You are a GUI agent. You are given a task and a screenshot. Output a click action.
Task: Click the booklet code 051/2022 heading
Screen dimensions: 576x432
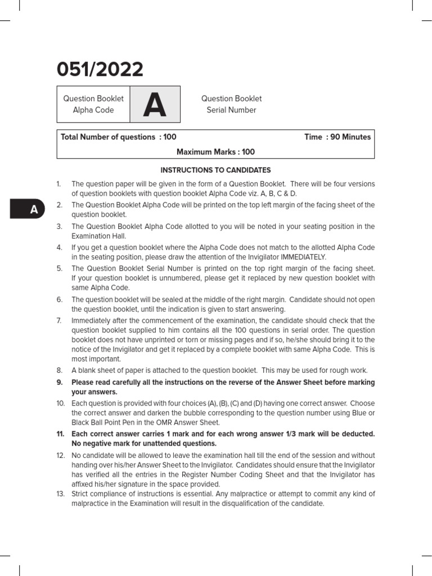[x=100, y=70]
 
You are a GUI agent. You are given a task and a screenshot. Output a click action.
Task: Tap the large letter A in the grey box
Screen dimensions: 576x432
[x=155, y=105]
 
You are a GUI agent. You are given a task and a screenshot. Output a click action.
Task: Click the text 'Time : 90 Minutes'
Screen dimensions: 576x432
[x=337, y=137]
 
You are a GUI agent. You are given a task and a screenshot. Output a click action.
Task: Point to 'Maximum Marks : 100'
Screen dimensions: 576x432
[x=215, y=152]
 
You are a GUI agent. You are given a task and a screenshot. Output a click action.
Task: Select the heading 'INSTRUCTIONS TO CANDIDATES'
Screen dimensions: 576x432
[x=215, y=170]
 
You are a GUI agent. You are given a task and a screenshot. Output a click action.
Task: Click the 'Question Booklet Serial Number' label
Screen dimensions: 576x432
[x=231, y=105]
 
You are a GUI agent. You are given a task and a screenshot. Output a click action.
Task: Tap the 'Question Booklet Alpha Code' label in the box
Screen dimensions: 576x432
[x=93, y=105]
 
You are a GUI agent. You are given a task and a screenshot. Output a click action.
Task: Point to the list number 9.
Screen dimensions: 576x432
[x=59, y=382]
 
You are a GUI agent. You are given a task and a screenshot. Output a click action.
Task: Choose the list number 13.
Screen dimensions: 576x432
[x=60, y=494]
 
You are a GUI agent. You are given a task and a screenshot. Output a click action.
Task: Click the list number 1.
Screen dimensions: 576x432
[x=58, y=184]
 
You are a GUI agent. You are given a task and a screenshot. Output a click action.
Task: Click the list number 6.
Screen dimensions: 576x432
[x=59, y=300]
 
